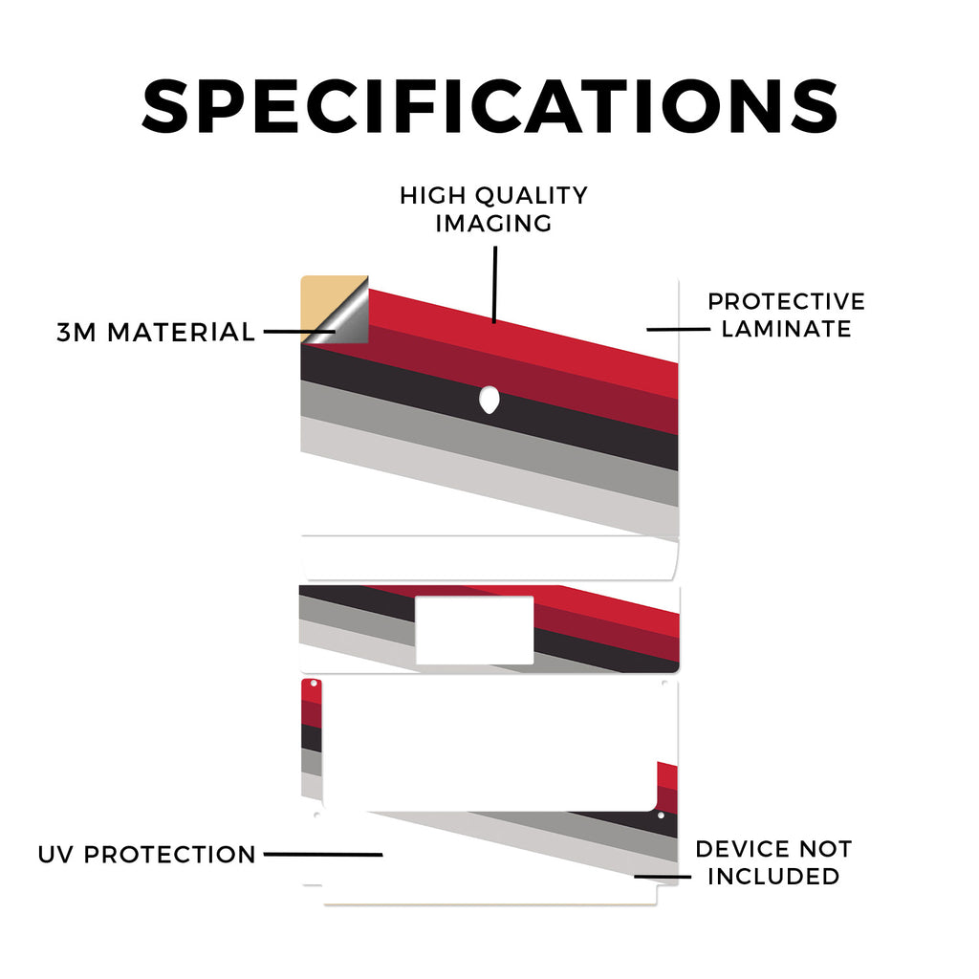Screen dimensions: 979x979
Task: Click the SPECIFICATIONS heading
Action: point(489,106)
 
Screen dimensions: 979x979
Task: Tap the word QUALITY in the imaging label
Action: point(532,195)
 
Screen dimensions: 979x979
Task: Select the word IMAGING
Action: point(493,224)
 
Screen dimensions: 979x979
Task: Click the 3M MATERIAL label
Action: point(156,332)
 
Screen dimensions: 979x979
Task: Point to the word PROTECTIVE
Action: point(786,301)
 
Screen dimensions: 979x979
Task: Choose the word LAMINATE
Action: point(786,329)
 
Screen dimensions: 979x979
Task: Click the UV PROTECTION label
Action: point(146,854)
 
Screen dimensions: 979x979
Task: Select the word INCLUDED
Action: point(773,877)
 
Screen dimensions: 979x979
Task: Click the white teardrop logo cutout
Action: point(489,400)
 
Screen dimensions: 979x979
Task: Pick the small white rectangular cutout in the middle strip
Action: point(474,631)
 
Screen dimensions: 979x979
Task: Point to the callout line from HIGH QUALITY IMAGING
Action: point(494,285)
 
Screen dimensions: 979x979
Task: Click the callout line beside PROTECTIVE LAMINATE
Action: point(678,329)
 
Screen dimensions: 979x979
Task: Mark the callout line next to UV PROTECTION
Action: point(323,854)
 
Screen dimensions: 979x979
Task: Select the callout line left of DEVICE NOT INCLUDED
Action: point(663,877)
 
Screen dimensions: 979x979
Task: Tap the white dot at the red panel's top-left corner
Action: point(313,685)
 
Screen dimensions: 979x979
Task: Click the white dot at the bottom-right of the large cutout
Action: point(661,816)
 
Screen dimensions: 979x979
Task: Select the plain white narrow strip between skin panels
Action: point(489,558)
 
